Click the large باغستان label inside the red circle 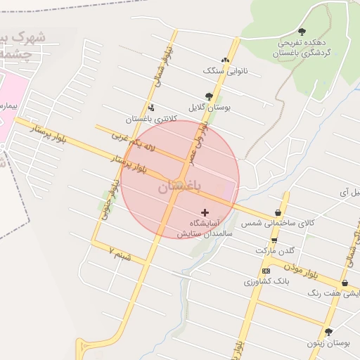179,187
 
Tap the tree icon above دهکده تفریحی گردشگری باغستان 302,32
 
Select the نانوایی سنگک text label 222,70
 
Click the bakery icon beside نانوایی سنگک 225,60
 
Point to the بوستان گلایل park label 210,108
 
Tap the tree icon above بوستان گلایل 209,96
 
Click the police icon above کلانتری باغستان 152,108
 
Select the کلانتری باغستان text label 148,119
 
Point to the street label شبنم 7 120,253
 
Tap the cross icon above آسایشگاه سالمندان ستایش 205,212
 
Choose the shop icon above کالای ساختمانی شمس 278,212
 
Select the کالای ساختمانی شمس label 276,223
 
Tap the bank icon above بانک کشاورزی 266,271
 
